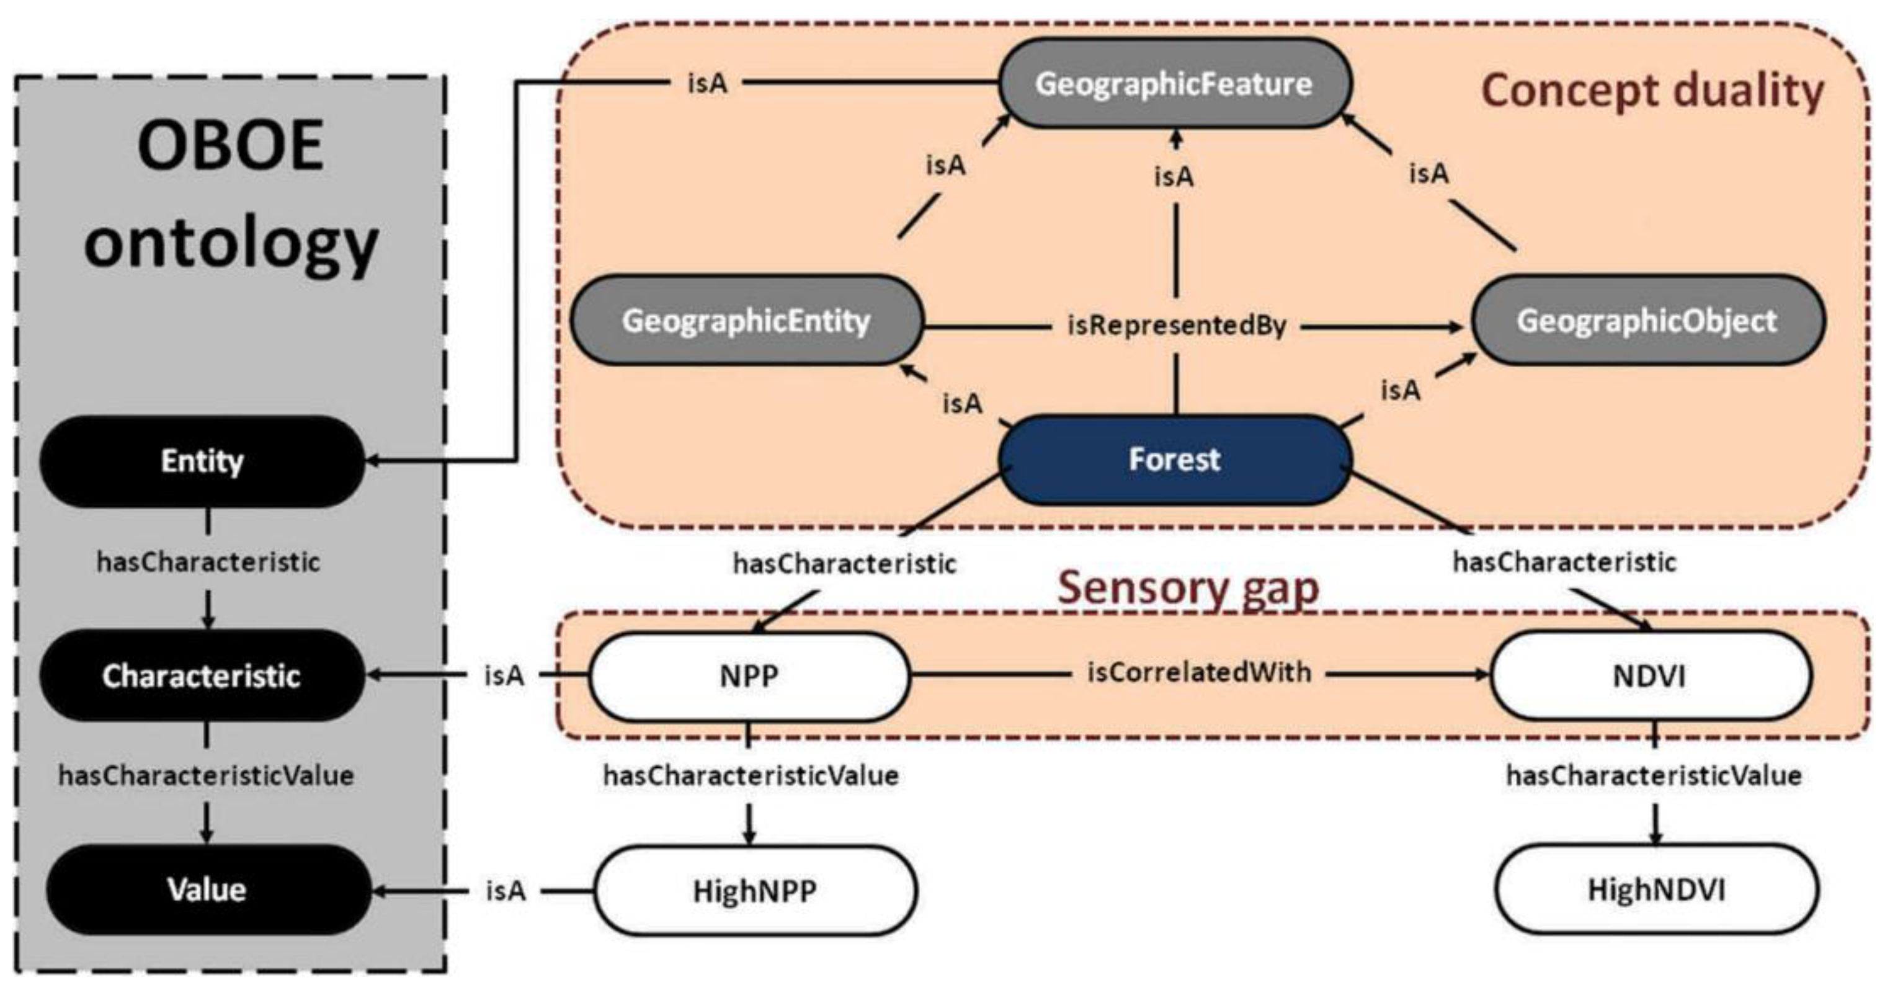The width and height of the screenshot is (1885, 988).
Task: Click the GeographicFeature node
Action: pos(1174,84)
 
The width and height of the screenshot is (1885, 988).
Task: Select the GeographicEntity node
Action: pos(746,321)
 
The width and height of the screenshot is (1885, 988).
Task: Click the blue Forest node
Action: pos(1174,460)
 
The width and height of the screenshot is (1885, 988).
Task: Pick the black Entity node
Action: pos(202,461)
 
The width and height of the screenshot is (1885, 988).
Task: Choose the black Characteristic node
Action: pos(202,675)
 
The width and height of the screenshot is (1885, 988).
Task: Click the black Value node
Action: pos(208,889)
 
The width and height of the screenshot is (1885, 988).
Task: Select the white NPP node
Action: pos(749,675)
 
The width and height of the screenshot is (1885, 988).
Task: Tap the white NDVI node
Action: pos(1649,675)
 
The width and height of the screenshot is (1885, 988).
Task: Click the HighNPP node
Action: pos(754,891)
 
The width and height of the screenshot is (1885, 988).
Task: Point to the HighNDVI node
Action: pos(1656,890)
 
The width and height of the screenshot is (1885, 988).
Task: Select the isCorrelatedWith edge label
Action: pos(1198,672)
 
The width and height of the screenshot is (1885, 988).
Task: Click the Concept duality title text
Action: pos(1652,92)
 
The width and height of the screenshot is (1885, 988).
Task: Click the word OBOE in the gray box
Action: pos(231,146)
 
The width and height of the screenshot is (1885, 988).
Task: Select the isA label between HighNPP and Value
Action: pos(505,891)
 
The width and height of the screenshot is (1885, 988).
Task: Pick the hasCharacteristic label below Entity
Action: pos(208,562)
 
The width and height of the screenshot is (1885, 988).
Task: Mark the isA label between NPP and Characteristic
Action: pos(504,675)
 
